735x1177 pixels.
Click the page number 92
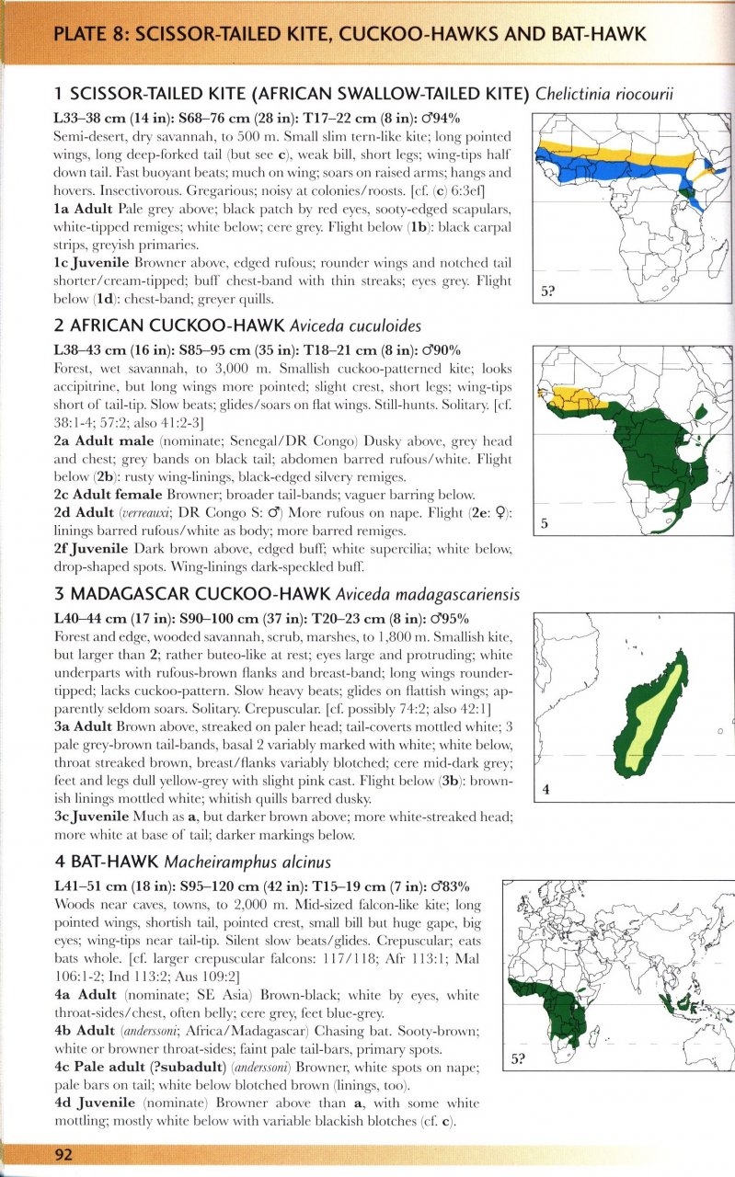tap(63, 1156)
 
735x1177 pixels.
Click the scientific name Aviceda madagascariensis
tap(428, 594)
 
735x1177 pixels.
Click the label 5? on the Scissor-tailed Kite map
tap(548, 292)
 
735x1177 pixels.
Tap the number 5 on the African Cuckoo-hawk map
tap(545, 525)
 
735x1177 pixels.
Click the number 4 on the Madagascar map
tap(546, 789)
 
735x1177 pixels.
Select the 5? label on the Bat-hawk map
tap(520, 1059)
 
